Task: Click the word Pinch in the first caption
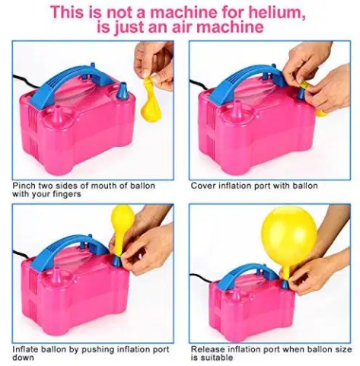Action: pyautogui.click(x=24, y=185)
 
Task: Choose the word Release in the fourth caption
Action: pyautogui.click(x=211, y=348)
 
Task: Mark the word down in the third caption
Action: pyautogui.click(x=24, y=357)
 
